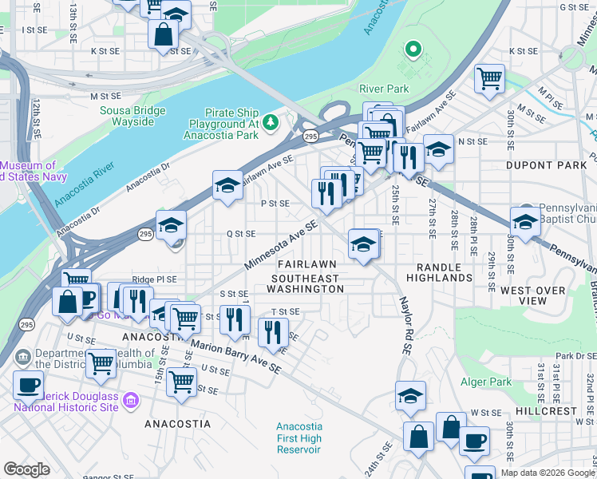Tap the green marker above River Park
(x=413, y=50)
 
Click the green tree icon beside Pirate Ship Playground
(x=271, y=121)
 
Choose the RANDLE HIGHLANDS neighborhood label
(x=439, y=271)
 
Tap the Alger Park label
(x=486, y=382)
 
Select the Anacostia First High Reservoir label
(x=298, y=438)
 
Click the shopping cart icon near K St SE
(x=489, y=78)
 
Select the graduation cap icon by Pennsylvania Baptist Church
(x=524, y=221)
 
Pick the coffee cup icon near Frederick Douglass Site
(x=28, y=385)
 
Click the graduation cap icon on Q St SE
(x=171, y=226)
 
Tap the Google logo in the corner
(x=26, y=469)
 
